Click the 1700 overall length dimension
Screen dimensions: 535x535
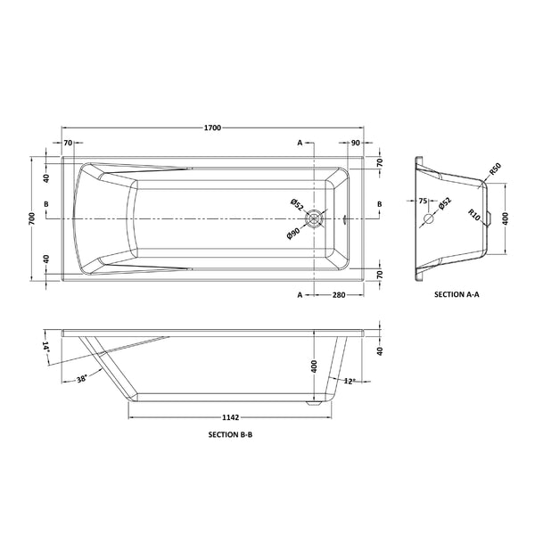point(212,128)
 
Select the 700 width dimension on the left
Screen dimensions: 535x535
point(31,218)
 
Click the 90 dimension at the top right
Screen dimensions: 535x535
point(355,143)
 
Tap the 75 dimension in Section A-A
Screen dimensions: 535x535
point(424,202)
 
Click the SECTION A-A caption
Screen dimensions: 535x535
point(457,292)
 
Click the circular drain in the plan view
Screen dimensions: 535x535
point(314,218)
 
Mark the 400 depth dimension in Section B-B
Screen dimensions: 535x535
point(312,366)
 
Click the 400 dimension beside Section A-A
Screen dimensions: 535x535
point(506,218)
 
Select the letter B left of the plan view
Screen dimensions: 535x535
point(45,204)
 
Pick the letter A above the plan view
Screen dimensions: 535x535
point(300,143)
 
